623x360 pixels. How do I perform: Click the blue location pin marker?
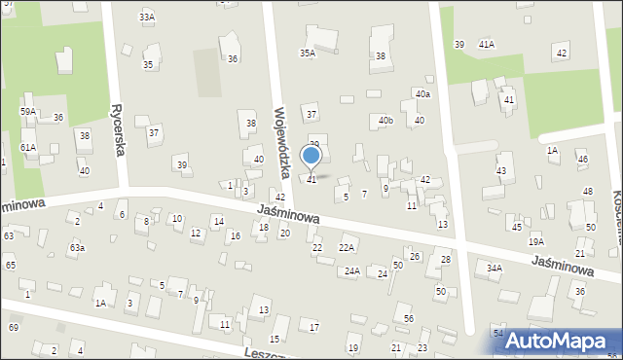tap(311, 156)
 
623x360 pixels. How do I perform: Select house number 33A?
tap(147, 18)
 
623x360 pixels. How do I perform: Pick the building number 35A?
tap(307, 54)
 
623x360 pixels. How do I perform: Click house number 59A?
tap(28, 112)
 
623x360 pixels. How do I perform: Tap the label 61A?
tap(27, 147)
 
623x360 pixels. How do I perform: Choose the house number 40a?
tap(421, 93)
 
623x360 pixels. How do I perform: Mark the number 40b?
tap(385, 121)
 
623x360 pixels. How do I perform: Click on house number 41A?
tap(486, 44)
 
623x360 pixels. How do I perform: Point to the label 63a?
tap(76, 248)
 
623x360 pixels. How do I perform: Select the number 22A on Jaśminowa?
tap(346, 248)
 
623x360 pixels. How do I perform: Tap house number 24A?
tap(351, 271)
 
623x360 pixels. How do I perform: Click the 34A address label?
tap(495, 268)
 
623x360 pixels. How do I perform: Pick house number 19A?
tap(535, 241)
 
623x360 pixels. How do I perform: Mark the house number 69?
tap(13, 327)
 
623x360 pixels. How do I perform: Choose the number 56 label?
tap(409, 319)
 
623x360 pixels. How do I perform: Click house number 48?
tap(587, 191)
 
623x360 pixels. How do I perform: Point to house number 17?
tap(313, 327)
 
